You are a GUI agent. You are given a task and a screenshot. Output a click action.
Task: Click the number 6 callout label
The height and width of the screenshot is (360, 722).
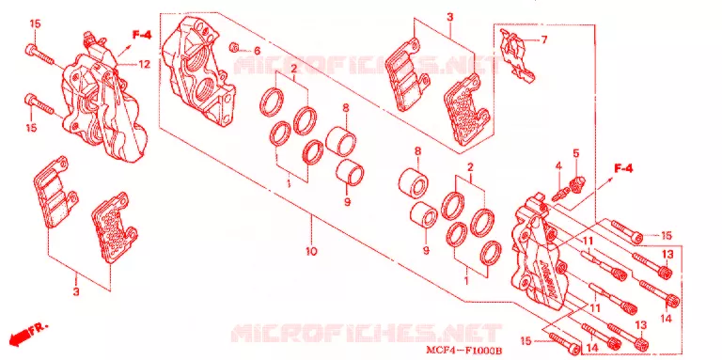(257, 51)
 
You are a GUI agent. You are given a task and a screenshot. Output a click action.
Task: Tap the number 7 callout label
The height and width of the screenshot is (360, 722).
(543, 40)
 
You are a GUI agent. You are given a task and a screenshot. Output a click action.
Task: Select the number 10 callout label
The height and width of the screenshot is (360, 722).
(311, 251)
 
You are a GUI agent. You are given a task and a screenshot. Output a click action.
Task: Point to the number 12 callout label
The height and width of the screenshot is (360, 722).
(145, 65)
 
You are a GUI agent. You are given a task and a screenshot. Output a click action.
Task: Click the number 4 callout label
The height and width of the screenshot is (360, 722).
(557, 165)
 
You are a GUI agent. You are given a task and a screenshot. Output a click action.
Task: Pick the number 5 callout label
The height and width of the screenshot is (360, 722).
(575, 152)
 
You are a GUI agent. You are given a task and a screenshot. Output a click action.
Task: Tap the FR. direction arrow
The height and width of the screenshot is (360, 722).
(28, 334)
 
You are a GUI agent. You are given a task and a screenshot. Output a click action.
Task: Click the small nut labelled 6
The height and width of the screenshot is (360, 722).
(234, 46)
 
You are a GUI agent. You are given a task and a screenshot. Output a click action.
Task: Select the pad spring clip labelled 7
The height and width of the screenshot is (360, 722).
(517, 55)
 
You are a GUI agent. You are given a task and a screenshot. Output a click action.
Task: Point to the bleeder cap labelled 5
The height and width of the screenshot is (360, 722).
(577, 184)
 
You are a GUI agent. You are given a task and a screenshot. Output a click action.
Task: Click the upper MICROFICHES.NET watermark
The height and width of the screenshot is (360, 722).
(366, 66)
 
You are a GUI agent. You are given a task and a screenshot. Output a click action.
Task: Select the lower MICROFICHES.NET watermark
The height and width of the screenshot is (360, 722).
(366, 333)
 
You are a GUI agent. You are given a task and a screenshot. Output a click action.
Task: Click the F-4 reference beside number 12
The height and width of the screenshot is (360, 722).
(142, 35)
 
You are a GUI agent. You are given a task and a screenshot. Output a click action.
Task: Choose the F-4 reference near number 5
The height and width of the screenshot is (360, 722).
(623, 169)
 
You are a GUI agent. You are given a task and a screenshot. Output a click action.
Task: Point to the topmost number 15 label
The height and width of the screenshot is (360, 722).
(36, 23)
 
